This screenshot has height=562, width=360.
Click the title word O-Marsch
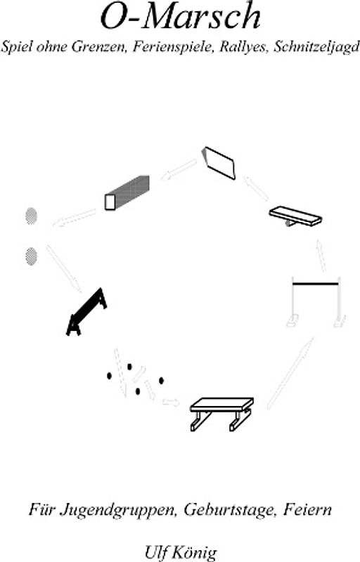click(x=181, y=16)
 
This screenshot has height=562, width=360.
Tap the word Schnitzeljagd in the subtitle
click(x=316, y=47)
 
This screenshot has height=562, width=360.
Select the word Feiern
click(x=307, y=509)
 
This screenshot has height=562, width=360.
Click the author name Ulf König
click(x=181, y=552)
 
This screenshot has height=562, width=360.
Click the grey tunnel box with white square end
click(x=127, y=192)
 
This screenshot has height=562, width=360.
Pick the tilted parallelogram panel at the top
click(x=219, y=163)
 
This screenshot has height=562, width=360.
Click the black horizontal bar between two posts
click(x=316, y=284)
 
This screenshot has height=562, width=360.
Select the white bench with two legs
click(x=221, y=413)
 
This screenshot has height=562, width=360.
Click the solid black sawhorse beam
click(x=86, y=311)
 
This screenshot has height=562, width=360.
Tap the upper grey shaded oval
click(x=32, y=216)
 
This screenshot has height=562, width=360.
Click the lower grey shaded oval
click(x=32, y=256)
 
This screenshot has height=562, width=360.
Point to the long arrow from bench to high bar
click(x=290, y=373)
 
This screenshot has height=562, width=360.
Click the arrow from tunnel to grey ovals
click(x=75, y=218)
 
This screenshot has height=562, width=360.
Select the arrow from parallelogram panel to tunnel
click(x=178, y=170)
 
